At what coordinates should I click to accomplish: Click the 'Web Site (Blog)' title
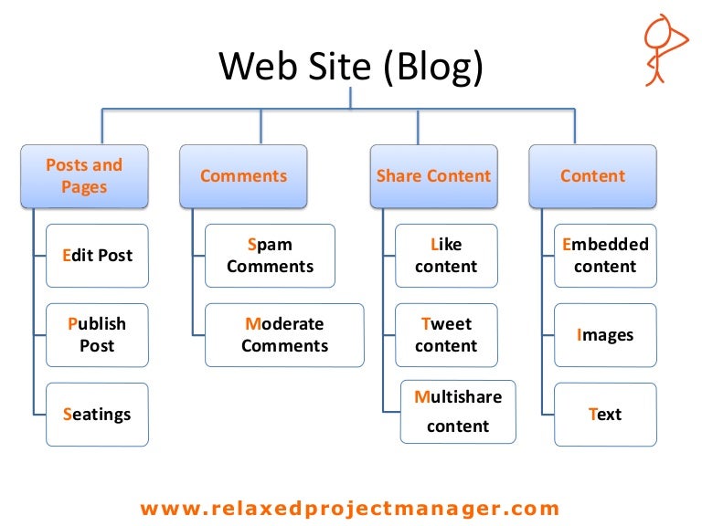351,67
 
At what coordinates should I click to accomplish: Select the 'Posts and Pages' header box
84,176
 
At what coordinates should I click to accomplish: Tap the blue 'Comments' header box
243,176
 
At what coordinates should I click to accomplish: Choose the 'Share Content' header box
433,176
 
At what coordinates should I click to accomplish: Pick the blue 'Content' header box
592,176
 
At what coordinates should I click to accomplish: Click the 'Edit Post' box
97,256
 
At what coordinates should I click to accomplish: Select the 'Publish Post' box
97,334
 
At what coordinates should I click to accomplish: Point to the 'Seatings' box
97,414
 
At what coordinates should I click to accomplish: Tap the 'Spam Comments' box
270,256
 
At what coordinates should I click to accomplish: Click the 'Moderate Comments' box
284,334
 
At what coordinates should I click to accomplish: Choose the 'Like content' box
446,256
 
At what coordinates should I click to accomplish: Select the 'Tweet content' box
446,334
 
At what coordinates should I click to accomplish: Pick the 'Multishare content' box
458,411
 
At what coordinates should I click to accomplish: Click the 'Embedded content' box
605,256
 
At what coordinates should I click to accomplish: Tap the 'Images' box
605,334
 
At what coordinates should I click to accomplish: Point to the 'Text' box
605,414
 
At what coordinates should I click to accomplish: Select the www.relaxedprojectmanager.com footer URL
350,508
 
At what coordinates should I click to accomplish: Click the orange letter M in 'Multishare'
422,397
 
